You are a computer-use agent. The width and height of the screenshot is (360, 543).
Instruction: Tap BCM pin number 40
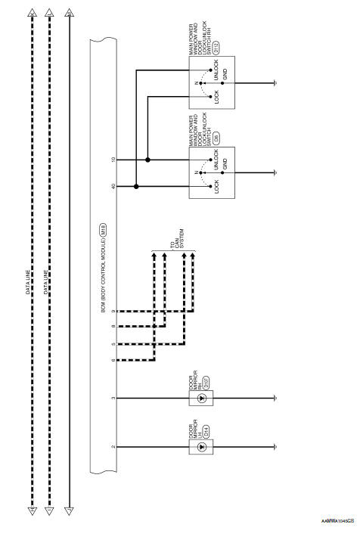(113, 185)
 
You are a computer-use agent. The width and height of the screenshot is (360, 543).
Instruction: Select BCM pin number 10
(113, 160)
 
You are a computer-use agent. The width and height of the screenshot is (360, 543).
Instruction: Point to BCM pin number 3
(113, 398)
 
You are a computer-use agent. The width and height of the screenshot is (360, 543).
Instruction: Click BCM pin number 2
(113, 447)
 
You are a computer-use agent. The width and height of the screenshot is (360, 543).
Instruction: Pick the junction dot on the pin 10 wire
(147, 160)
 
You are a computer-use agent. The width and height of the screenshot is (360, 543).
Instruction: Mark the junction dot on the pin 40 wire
(136, 185)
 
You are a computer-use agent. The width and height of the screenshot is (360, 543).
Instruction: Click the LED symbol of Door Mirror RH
(202, 398)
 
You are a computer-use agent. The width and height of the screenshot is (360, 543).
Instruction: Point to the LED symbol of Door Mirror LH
(202, 447)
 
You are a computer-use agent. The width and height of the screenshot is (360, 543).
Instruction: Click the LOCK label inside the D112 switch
(216, 98)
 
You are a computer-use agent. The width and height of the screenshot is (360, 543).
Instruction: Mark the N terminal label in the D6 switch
(197, 173)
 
